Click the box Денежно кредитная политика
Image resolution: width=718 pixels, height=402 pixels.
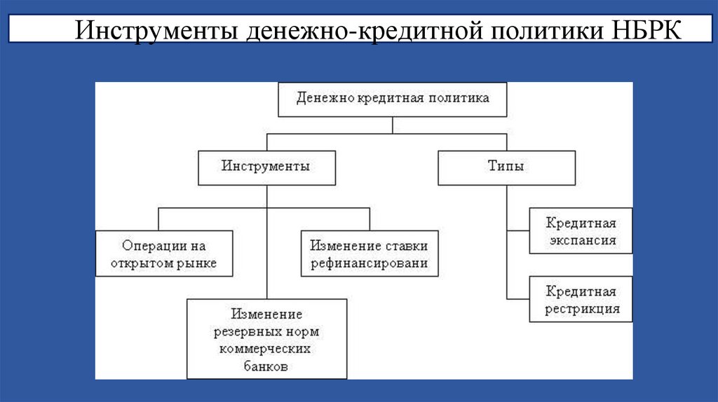pyautogui.click(x=392, y=99)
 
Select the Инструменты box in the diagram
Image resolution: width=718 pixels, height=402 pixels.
pyautogui.click(x=266, y=167)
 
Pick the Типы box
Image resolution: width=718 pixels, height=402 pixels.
pyautogui.click(x=506, y=167)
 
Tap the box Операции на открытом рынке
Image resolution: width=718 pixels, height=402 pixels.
pyautogui.click(x=164, y=254)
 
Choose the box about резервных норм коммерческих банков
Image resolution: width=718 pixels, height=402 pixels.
pyautogui.click(x=266, y=339)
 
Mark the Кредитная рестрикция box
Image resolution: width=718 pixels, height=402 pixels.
pyautogui.click(x=581, y=300)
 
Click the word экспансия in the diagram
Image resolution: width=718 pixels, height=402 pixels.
pyautogui.click(x=581, y=240)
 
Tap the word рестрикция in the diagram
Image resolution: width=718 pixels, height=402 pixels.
pyautogui.click(x=582, y=308)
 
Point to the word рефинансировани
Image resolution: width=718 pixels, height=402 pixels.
pyautogui.click(x=369, y=264)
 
